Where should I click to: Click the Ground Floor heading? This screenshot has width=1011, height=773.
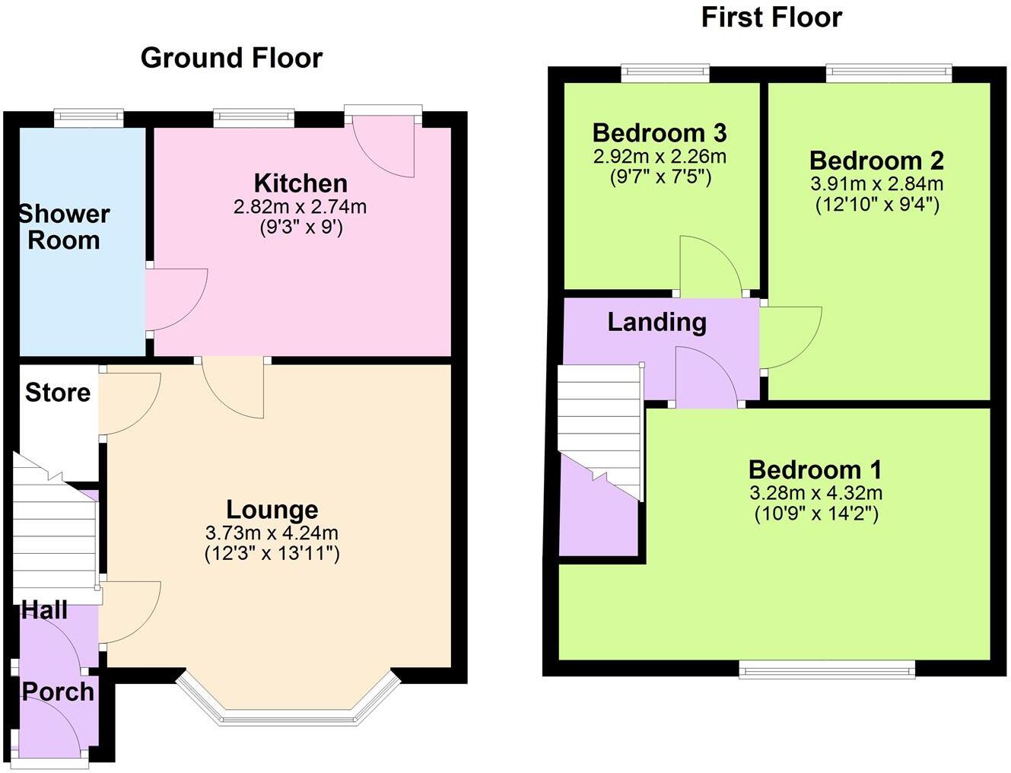(x=231, y=58)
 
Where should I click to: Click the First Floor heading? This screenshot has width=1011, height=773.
(x=771, y=17)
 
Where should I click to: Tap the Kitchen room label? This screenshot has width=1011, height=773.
(x=300, y=183)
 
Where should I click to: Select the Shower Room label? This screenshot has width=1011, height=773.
(x=64, y=227)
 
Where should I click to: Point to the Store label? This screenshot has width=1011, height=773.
(x=58, y=393)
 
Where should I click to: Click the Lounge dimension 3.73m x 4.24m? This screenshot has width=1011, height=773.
(x=272, y=533)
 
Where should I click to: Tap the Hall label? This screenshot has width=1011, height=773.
(x=44, y=609)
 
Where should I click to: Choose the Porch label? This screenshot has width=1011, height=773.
(x=58, y=692)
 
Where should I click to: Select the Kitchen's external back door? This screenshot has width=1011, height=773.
(x=384, y=145)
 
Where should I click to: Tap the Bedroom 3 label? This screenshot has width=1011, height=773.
(x=660, y=132)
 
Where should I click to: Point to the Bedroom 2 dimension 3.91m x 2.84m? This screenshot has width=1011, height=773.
(x=877, y=183)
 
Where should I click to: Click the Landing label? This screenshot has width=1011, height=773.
(x=657, y=322)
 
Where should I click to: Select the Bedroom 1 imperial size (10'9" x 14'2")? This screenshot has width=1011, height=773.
(x=815, y=514)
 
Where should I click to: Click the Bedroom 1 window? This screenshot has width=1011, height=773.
(x=827, y=670)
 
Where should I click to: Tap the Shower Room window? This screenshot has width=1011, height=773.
(x=89, y=117)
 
